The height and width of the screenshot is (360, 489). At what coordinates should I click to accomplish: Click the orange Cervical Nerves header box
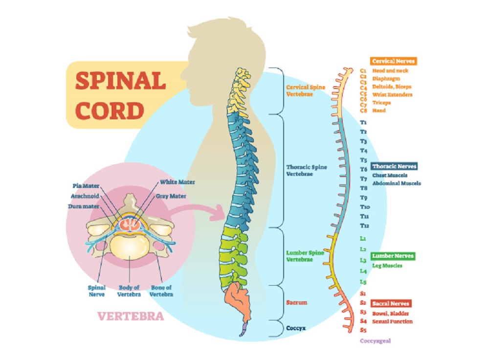pos(394,61)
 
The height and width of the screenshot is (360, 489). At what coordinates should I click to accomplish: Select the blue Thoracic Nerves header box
pos(394,166)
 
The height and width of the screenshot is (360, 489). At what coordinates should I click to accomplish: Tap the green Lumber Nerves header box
pos(393,256)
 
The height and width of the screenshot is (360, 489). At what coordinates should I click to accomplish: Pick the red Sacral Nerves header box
pos(391,303)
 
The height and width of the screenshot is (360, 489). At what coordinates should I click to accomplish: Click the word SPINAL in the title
pos(120,82)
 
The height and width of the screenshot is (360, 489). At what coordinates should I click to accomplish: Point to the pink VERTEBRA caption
pos(131,316)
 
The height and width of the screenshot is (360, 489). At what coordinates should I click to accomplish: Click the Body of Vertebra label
pos(130,291)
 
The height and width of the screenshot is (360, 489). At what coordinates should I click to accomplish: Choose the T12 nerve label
pos(364,225)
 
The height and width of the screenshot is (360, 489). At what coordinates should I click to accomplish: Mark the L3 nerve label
pos(363,260)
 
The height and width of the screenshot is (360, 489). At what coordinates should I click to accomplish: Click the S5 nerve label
pos(363,330)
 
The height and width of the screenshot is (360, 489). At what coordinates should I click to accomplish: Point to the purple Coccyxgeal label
pos(376,341)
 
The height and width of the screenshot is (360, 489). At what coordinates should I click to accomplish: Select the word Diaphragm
pos(386,78)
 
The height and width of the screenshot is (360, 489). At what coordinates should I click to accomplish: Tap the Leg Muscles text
pos(387,266)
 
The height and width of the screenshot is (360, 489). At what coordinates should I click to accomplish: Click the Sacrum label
pos(297,302)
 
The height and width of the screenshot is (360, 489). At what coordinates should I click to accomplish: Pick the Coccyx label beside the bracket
pos(296,328)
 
